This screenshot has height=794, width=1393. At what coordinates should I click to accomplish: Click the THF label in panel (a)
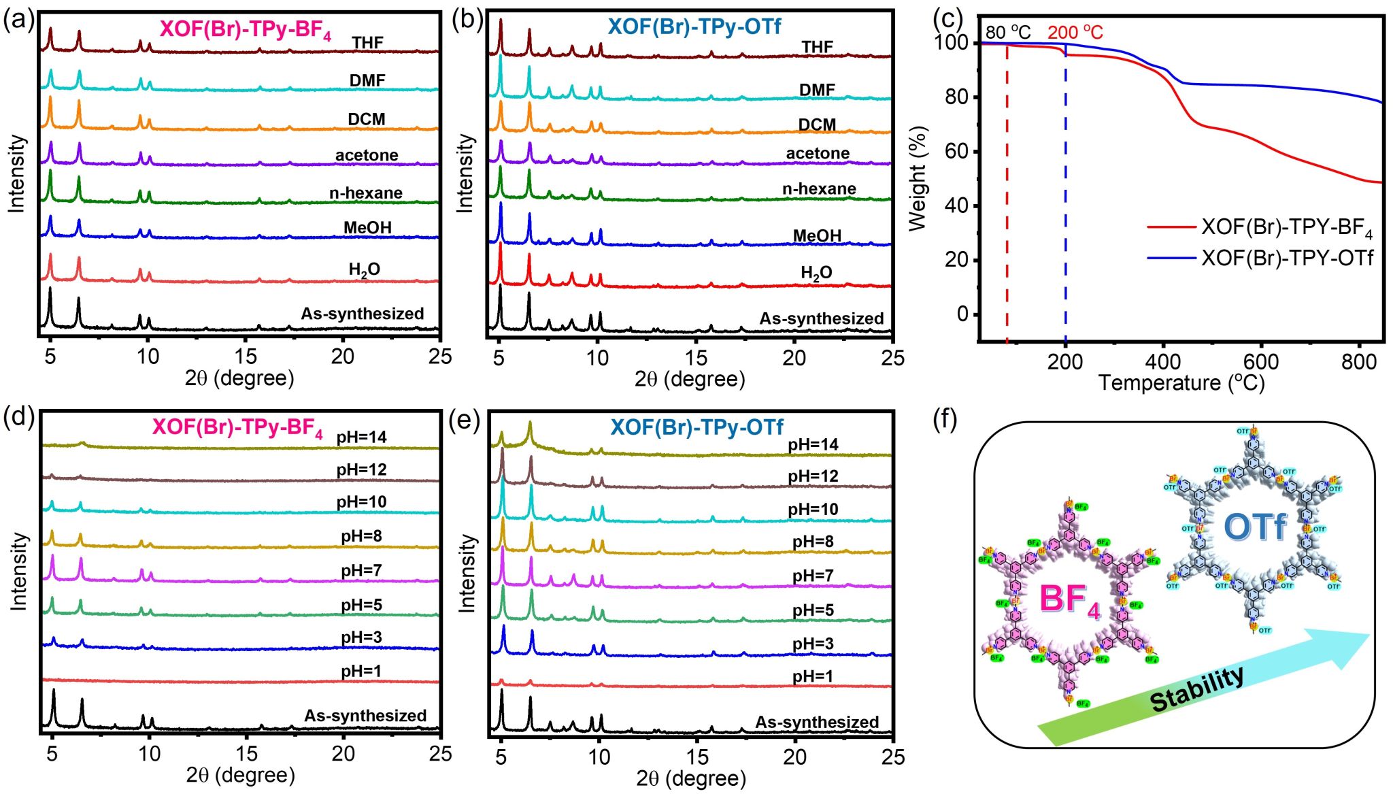point(367,43)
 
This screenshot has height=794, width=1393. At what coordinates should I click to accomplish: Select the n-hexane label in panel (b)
point(819,188)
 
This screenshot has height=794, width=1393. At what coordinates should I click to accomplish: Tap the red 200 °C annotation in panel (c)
point(1075,32)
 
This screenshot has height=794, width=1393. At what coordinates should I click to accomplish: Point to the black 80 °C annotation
point(1007,32)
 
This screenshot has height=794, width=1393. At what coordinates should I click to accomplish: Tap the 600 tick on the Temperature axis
point(1261,362)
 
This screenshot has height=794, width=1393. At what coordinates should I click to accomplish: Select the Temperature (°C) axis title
point(1181,383)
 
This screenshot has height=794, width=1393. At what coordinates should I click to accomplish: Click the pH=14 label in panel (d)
point(361,437)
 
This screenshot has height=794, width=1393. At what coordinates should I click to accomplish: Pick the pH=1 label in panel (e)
point(812,676)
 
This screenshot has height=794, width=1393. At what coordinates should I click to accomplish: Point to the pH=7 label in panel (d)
point(361,570)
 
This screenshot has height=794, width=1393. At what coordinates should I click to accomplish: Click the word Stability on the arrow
point(1197,689)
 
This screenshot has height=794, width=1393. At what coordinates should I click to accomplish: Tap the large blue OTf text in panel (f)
point(1255,527)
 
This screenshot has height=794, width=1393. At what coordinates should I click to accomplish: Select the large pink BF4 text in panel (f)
point(1069,600)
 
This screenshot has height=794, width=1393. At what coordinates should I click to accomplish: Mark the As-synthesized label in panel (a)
point(363,314)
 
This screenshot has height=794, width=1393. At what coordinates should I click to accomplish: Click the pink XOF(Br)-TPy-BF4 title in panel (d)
point(237,427)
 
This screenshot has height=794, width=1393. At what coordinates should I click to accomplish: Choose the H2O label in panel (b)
point(816,274)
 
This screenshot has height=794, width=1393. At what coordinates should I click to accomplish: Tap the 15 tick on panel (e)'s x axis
point(697,757)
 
